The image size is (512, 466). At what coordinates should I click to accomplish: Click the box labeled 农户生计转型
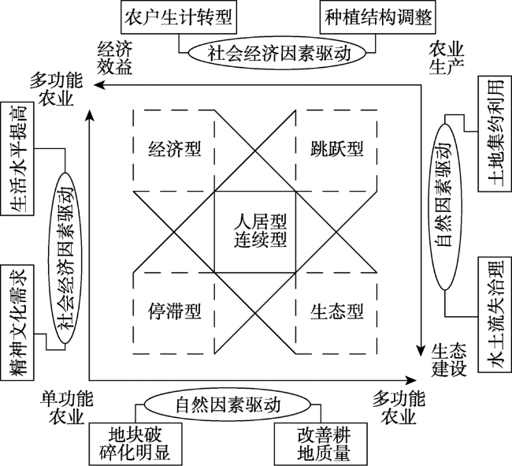[179, 17]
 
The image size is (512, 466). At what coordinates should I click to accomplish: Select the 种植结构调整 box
[378, 17]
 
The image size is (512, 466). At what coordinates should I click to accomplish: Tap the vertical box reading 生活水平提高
[17, 158]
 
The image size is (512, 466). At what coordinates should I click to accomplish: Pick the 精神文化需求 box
[17, 322]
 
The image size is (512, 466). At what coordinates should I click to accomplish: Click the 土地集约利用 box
[495, 133]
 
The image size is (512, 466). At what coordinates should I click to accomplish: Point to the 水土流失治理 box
[495, 315]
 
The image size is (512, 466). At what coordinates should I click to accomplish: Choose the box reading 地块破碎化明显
[135, 445]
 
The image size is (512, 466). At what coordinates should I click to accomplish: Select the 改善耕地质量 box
[321, 445]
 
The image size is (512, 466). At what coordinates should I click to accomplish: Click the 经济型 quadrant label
[174, 149]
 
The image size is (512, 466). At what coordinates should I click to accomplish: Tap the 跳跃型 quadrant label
[336, 149]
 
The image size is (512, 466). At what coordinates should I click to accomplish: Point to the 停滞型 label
[174, 311]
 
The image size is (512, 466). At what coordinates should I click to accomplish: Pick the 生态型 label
[336, 311]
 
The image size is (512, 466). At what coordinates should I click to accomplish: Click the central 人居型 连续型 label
[260, 230]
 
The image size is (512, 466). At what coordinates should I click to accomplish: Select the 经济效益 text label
[115, 58]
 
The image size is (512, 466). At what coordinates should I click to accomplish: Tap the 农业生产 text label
[447, 58]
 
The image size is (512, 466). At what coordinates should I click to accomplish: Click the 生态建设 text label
[449, 360]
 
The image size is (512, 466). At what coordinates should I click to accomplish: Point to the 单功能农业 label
[67, 408]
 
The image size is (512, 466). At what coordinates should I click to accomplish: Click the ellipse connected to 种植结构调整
[276, 53]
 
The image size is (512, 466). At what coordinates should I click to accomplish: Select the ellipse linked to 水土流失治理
[445, 207]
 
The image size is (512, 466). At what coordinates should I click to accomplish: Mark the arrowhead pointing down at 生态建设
[421, 351]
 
